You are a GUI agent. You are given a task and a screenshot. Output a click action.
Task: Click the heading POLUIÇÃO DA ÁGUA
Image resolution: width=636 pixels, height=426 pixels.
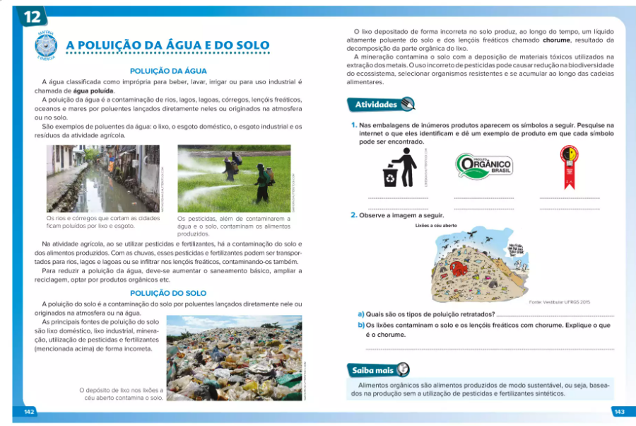pos(168,71)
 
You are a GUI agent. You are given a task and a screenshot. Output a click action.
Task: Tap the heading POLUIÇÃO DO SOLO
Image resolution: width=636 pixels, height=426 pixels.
pos(168,293)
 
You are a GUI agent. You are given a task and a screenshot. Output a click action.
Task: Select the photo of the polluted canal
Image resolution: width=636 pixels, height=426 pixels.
pos(103,178)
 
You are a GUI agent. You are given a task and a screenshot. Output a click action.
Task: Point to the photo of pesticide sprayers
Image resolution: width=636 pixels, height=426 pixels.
pos(233,178)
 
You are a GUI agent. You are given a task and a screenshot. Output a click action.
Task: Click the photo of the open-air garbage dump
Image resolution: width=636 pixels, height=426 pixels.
pos(233,358)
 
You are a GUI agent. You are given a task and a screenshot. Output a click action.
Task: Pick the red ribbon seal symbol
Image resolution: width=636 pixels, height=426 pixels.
pos(569,167)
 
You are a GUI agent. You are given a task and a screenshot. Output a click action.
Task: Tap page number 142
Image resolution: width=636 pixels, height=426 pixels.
pos(30,411)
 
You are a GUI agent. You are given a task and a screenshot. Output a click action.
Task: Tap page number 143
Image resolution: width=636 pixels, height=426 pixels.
pos(619,411)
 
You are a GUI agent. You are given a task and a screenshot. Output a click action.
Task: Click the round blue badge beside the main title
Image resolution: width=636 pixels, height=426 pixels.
pos(46,45)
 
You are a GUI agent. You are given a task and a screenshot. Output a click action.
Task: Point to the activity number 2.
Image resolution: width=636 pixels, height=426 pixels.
pos(354,214)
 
